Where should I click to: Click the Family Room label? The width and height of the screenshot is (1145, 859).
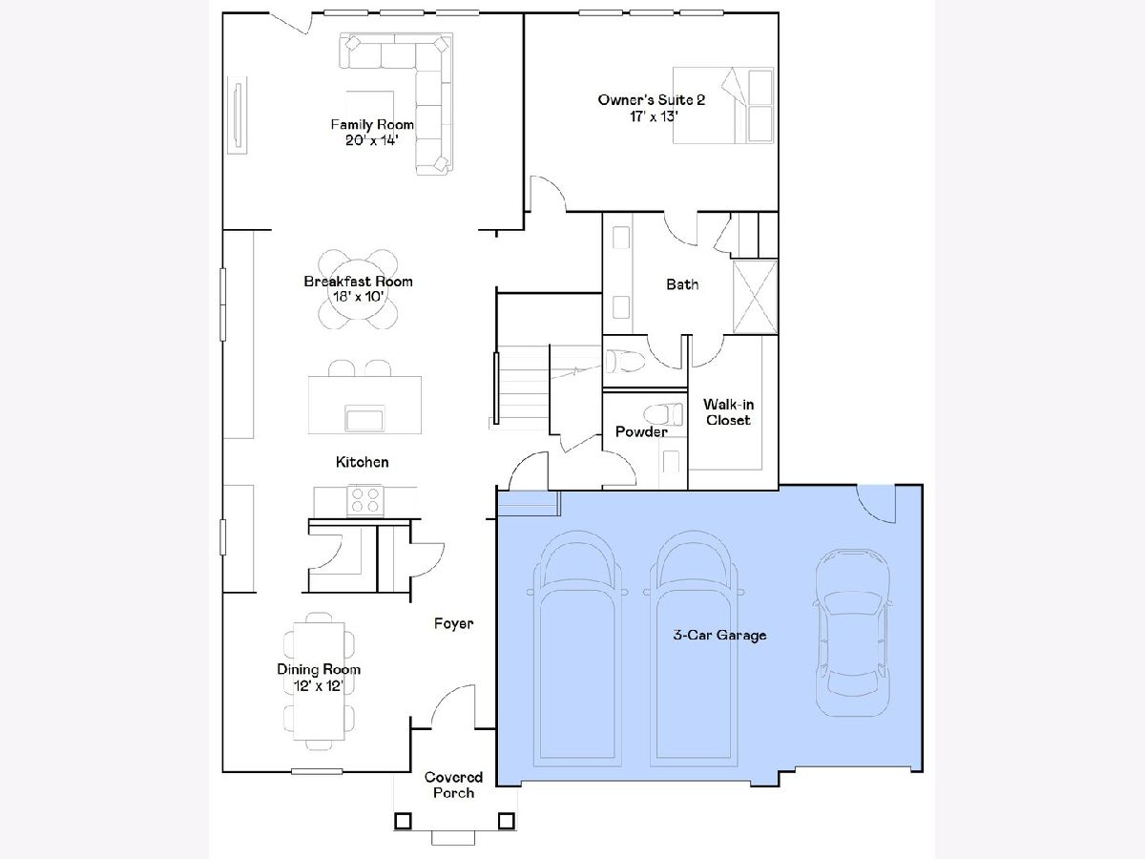(x=372, y=125)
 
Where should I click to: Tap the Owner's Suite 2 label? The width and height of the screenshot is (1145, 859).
(x=652, y=99)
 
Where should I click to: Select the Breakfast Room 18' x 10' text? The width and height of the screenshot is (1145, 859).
(x=359, y=289)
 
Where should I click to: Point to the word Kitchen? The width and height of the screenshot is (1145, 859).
(x=362, y=462)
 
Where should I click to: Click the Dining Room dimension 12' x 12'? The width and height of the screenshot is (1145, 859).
(x=318, y=685)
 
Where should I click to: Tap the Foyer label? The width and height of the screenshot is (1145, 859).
(x=453, y=624)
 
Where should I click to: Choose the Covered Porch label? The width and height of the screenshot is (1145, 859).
(x=453, y=785)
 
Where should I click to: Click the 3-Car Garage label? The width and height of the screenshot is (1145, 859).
(x=719, y=635)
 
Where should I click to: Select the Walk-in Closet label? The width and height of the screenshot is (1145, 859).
(x=728, y=412)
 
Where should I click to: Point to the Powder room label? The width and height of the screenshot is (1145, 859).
(x=641, y=431)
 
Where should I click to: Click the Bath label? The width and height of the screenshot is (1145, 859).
(x=682, y=284)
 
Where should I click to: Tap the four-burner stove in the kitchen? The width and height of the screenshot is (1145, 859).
(x=365, y=500)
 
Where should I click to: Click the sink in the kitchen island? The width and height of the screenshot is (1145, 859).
(x=364, y=418)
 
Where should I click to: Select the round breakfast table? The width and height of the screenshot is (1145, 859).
(x=359, y=289)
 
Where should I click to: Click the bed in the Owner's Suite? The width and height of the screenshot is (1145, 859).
(x=723, y=105)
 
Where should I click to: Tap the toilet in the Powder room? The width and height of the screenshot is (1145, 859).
(x=663, y=414)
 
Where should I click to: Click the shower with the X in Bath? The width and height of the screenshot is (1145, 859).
(x=755, y=297)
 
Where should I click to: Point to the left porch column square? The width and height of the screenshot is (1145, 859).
(x=403, y=821)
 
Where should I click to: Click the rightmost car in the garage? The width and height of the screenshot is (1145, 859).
(x=852, y=632)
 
